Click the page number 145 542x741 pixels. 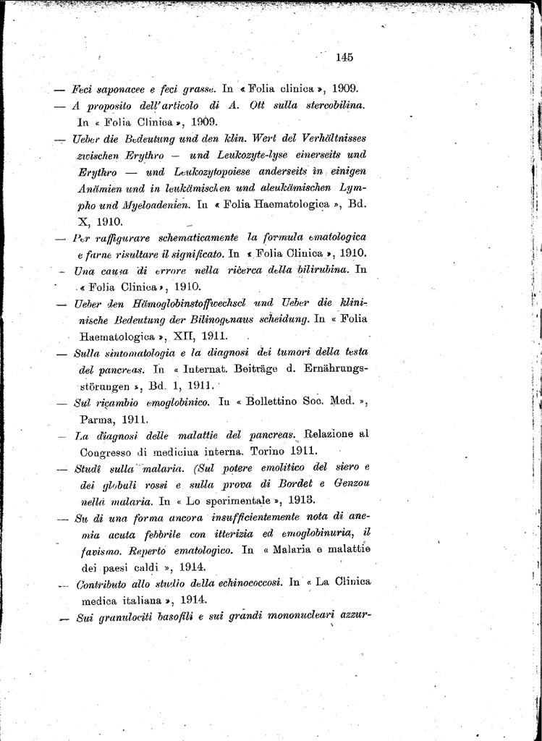344,57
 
